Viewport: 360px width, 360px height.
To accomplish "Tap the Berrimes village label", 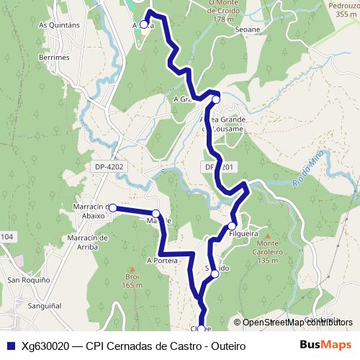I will point(55,56).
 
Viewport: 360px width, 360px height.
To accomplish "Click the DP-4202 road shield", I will point(109,166).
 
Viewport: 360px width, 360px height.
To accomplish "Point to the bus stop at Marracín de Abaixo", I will point(112,207).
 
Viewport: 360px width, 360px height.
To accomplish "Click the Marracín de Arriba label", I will point(86,242).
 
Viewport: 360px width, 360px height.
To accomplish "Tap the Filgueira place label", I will point(243,234).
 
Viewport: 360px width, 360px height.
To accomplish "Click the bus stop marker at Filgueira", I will point(232,225).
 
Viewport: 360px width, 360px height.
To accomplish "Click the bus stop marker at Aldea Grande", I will point(215,99).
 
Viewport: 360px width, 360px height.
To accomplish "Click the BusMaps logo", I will point(326,345).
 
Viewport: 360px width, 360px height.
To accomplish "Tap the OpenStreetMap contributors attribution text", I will point(297,323).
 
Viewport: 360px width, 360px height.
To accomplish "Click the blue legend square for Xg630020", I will point(11,346).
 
